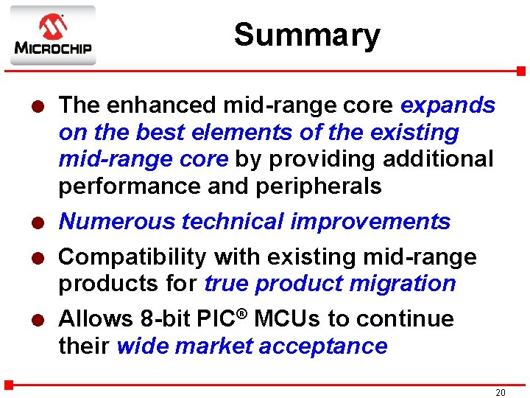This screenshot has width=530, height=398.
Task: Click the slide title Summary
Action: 307,35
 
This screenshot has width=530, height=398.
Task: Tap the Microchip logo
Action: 52,35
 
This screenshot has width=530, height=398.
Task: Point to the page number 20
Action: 500,393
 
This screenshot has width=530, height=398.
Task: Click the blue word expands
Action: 448,105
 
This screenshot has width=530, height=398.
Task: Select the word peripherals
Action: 319,186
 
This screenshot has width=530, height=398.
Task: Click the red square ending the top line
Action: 520,71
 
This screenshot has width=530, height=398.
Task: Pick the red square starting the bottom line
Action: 9,384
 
